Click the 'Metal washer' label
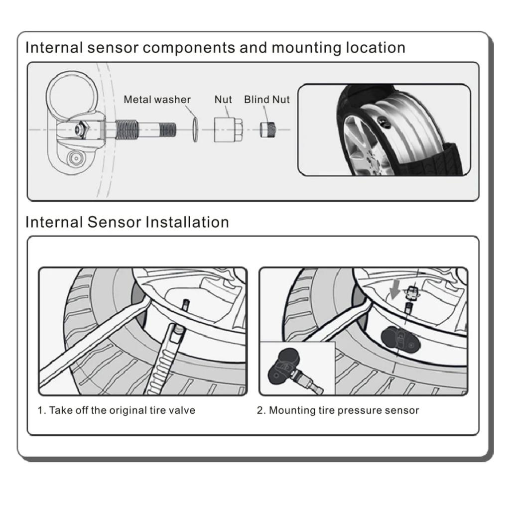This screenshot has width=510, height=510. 157,100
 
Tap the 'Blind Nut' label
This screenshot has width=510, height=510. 266,100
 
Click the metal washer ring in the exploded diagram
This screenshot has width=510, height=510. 195,129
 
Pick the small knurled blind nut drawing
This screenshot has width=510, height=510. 267,130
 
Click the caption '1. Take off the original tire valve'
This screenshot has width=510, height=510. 117,410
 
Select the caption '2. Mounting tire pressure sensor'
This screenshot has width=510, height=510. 338,410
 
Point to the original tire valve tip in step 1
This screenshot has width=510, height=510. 185,305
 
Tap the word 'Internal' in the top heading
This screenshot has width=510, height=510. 54,48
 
